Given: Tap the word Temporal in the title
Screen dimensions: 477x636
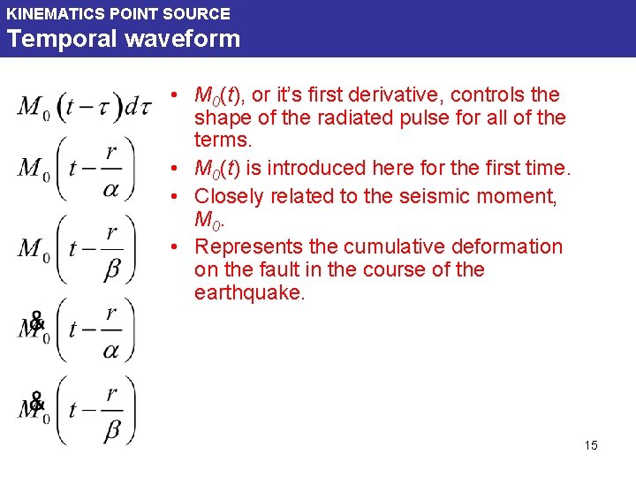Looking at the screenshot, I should pos(51,39).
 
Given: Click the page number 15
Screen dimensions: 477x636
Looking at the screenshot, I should pos(591,445).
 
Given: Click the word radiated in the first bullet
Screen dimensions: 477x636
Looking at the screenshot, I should pos(348,117).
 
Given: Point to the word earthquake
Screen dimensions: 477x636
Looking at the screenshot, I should pos(248,293).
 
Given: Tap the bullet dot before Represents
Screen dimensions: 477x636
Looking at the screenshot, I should pos(177,246).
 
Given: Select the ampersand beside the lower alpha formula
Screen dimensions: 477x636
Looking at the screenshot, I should pos(36,322).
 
